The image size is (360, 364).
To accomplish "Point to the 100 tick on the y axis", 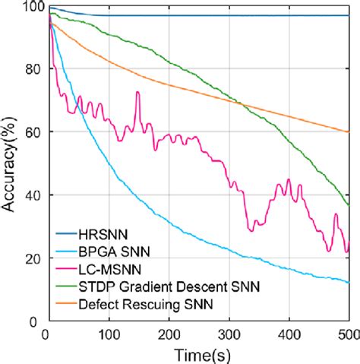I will pyautogui.click(x=31, y=7).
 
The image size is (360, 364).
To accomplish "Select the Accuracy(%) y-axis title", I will pyautogui.click(x=11, y=162).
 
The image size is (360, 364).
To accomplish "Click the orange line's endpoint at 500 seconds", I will pyautogui.click(x=348, y=132).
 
